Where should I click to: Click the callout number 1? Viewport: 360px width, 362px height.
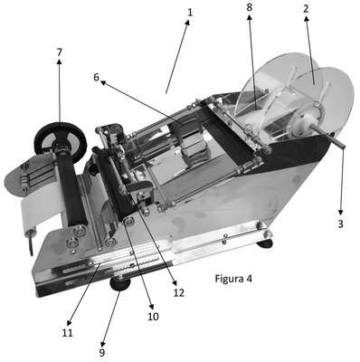tap(190, 13)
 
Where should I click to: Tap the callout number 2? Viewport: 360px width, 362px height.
tap(306, 9)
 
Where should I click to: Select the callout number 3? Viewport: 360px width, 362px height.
tap(340, 224)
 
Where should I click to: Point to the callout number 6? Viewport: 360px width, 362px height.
tap(96, 77)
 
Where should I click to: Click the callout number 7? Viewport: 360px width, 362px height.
tap(59, 52)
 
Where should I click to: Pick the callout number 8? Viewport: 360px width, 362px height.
tap(249, 7)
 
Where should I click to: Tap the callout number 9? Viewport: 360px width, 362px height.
tap(102, 352)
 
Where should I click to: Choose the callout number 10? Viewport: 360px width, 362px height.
tap(153, 317)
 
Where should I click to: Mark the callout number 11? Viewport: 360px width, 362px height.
tap(67, 333)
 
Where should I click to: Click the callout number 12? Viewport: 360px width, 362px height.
tap(179, 292)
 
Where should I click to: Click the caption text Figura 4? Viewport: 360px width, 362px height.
tap(233, 279)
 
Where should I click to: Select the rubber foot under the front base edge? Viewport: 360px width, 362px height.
tap(120, 283)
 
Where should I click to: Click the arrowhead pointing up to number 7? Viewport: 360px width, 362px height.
tap(59, 62)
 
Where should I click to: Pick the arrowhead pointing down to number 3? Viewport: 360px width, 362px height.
tap(341, 212)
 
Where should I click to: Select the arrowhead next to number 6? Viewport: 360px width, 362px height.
tap(103, 82)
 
